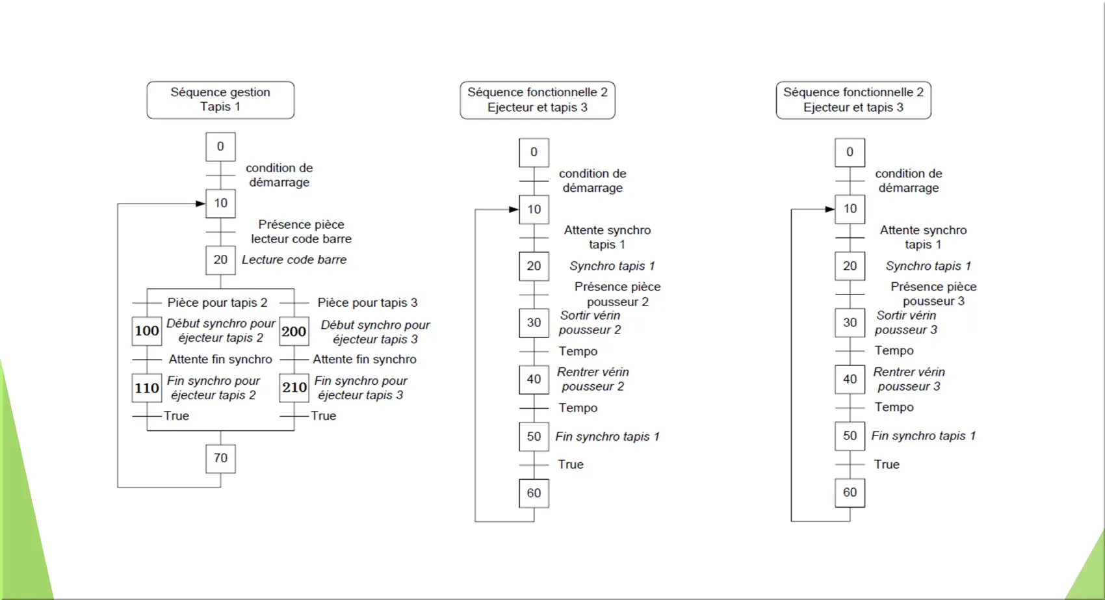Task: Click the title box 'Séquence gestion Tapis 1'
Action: [220, 100]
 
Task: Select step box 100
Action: [147, 331]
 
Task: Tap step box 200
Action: [294, 331]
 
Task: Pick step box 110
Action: [147, 388]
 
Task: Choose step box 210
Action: [294, 387]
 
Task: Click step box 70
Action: [220, 458]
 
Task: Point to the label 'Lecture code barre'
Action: [294, 259]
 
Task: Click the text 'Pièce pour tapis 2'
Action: [217, 302]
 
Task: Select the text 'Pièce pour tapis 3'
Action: [367, 302]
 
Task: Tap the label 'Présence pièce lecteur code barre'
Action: [302, 231]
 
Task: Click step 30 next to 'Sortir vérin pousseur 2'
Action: [534, 322]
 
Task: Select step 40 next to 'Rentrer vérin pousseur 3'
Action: [850, 379]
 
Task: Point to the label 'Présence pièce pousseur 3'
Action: [933, 294]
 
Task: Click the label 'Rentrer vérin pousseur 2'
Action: [593, 379]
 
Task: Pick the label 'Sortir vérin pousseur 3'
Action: [906, 322]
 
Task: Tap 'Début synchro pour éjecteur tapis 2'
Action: [220, 331]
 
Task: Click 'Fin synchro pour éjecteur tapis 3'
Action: [361, 388]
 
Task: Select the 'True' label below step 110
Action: [177, 416]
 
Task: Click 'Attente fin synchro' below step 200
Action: [365, 359]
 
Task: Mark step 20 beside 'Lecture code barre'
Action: [220, 260]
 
